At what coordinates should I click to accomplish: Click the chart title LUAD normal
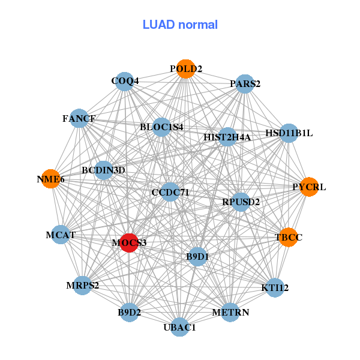(180, 25)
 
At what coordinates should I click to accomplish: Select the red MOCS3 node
(129, 242)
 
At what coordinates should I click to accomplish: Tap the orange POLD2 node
(185, 69)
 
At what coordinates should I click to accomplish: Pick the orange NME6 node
(51, 179)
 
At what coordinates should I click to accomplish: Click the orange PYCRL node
(309, 187)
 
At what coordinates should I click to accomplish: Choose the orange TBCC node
(289, 237)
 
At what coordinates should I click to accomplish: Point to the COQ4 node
(125, 81)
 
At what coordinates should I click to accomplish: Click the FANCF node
(79, 118)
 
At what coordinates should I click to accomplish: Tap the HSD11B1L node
(289, 133)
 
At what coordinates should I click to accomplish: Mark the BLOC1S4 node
(161, 127)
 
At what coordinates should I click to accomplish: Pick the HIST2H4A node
(227, 137)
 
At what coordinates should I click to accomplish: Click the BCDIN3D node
(104, 170)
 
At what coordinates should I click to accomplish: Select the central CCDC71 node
(170, 192)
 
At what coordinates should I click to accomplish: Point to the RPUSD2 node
(241, 202)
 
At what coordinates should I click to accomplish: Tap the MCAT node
(61, 235)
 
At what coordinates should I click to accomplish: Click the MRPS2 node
(83, 285)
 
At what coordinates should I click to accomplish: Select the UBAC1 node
(179, 327)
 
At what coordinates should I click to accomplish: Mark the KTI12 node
(275, 288)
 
